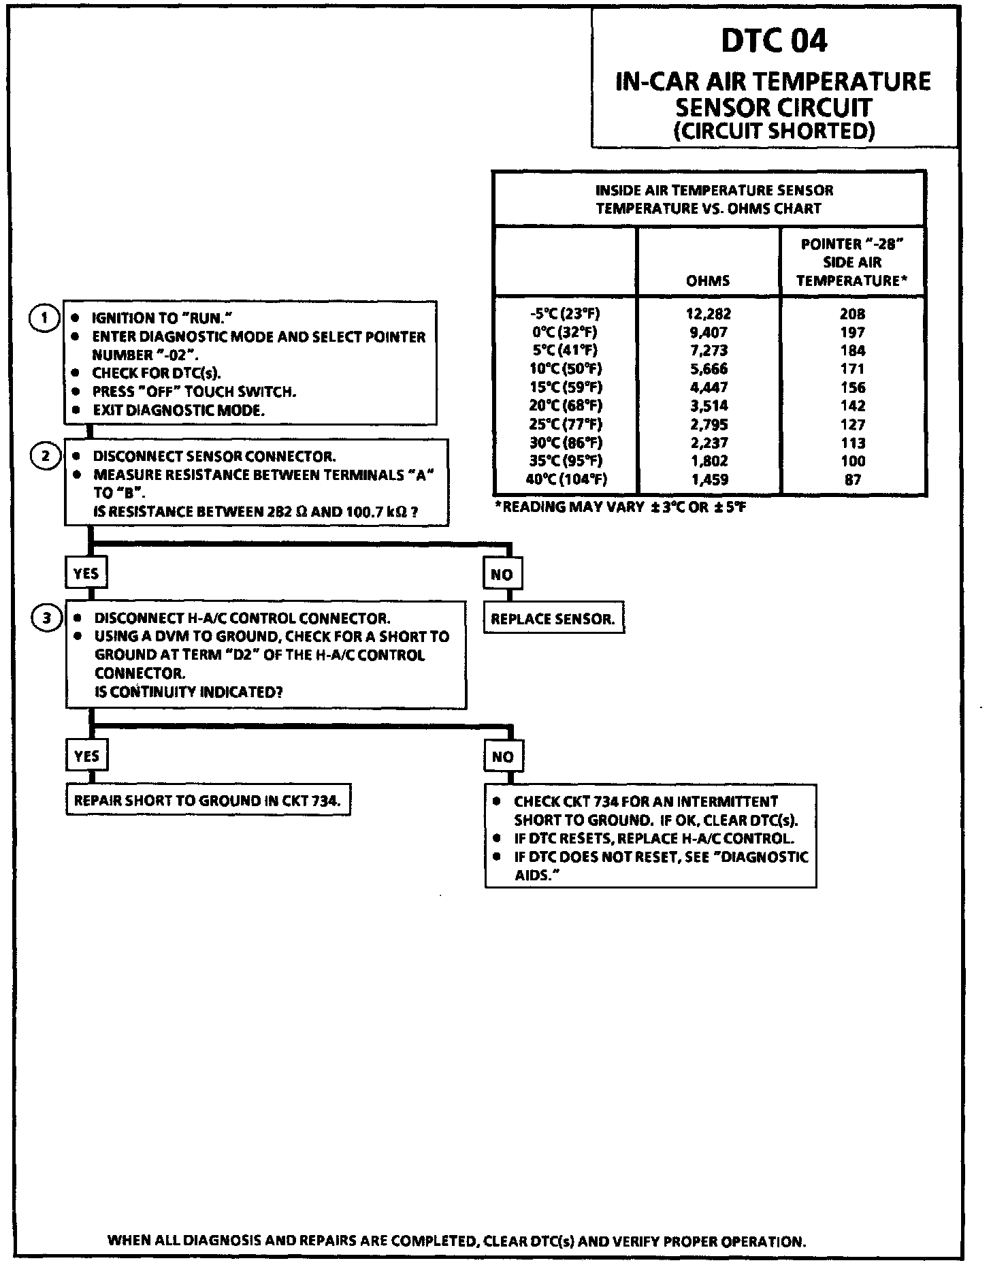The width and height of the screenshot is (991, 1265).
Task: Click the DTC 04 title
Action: (774, 41)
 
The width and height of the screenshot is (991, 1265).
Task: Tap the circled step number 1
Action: (44, 318)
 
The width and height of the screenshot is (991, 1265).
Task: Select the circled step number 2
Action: (46, 455)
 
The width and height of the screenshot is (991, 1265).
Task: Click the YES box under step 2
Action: (86, 573)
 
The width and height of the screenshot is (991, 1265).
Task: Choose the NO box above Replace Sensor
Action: (502, 574)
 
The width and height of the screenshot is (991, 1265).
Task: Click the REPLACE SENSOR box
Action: (553, 619)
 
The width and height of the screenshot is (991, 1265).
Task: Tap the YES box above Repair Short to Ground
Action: (86, 756)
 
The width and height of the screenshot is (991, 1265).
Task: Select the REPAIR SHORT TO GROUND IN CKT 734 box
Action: (207, 801)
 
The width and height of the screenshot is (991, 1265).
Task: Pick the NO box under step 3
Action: (502, 756)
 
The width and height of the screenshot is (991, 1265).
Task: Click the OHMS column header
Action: (708, 280)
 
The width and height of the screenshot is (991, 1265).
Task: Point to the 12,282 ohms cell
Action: (708, 314)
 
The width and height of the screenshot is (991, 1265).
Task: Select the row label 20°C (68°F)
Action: (566, 406)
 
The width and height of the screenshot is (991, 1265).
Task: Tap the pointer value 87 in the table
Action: (852, 479)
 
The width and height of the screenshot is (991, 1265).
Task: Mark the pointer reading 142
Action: (852, 406)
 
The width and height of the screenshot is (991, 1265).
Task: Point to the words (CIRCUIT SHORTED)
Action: (774, 131)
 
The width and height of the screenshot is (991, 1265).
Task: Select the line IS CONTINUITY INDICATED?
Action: (189, 692)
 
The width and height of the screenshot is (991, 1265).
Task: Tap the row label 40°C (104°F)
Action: (566, 479)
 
